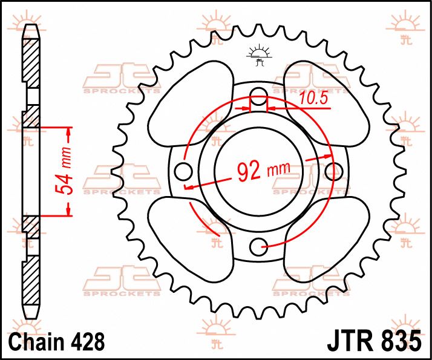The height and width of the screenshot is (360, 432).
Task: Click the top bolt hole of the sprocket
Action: coord(259,94)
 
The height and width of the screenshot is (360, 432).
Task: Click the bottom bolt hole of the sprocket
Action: coord(259,245)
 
